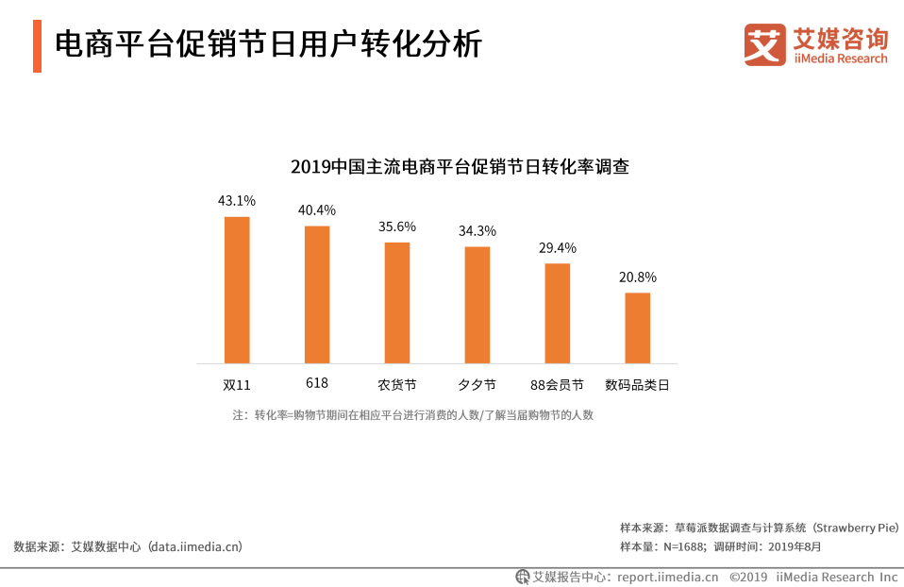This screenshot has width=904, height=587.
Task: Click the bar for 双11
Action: [237, 290]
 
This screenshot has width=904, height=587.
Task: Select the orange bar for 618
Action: [317, 294]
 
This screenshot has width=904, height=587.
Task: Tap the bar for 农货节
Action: [397, 303]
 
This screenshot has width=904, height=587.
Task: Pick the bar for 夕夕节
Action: [477, 305]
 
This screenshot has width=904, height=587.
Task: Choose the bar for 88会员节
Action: [558, 313]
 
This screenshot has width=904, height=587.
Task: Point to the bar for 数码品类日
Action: [638, 327]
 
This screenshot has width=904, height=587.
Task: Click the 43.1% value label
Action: [237, 201]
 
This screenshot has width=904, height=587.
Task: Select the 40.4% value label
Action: [317, 210]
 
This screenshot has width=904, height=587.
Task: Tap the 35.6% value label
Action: [397, 226]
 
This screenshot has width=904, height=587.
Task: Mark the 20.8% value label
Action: [638, 277]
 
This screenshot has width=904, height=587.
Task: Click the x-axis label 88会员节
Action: [557, 385]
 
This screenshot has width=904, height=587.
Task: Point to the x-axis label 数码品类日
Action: [637, 385]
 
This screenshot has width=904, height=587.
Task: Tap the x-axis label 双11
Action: [237, 385]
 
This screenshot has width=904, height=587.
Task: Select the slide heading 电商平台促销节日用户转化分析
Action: [268, 44]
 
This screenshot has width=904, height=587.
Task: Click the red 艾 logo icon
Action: [764, 44]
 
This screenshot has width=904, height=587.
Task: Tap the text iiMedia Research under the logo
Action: [841, 59]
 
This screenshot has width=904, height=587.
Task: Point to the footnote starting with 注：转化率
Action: [413, 414]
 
